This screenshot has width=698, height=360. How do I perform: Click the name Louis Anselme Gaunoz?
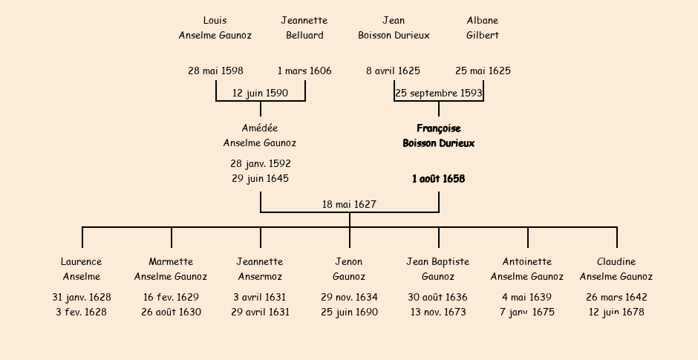click(215, 28)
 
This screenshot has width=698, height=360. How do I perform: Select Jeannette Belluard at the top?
click(304, 28)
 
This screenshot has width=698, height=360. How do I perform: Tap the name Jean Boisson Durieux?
click(394, 28)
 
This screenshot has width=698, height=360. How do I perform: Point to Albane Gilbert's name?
click(483, 28)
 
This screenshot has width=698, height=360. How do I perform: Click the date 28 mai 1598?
click(215, 71)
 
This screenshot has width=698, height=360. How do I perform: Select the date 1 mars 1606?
click(304, 71)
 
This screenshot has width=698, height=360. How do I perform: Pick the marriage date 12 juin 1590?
click(260, 94)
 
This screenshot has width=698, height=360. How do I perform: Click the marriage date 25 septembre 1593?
click(438, 94)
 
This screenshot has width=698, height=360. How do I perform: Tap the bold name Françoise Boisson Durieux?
click(438, 136)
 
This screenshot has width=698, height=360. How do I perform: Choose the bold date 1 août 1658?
click(438, 179)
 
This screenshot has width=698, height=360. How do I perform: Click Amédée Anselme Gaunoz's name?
click(260, 136)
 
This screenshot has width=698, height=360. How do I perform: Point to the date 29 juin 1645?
click(260, 179)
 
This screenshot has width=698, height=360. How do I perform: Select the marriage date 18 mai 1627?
click(349, 205)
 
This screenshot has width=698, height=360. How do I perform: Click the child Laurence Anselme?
click(82, 269)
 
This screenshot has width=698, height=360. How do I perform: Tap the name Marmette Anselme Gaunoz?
click(171, 269)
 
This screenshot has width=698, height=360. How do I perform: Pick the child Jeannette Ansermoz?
click(260, 269)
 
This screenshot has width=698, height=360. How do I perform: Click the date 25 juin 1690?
click(349, 312)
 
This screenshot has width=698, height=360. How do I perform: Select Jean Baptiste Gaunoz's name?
click(438, 269)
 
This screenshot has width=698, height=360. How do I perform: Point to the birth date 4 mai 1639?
click(527, 298)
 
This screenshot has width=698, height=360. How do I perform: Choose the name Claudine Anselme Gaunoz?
click(616, 269)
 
